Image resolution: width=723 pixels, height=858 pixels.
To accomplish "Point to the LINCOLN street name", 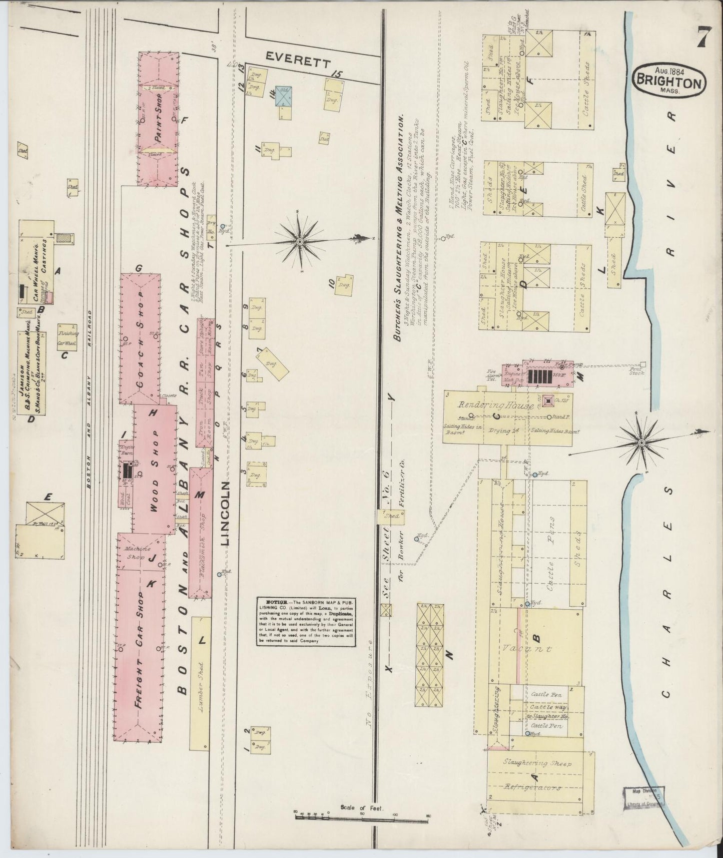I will point(226,514).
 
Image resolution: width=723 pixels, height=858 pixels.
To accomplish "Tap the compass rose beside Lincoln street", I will point(299,241).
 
